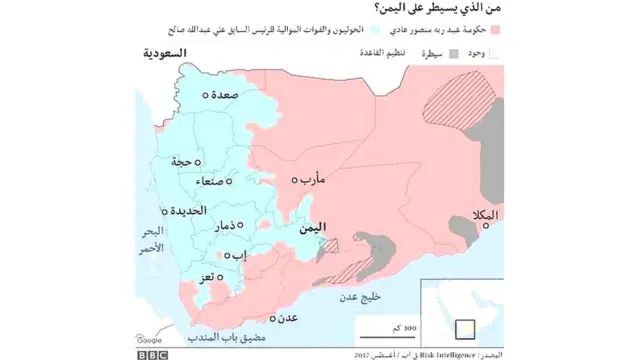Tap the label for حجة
tap(181, 161)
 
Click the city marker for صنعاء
tap(230, 181)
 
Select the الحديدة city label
tap(187, 211)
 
